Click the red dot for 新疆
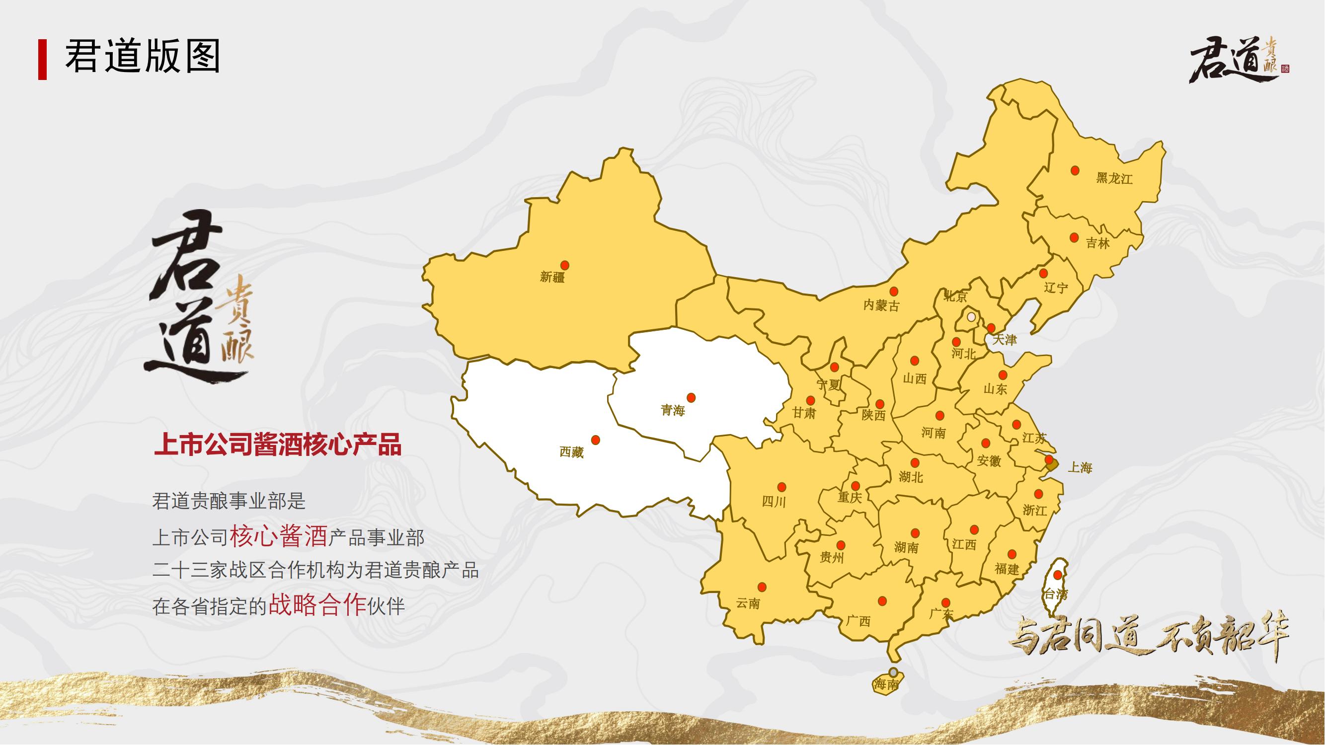(564, 265)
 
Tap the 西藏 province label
(571, 452)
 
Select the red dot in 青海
(691, 397)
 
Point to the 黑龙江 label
(1114, 178)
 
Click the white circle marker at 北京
(971, 317)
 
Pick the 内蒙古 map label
(882, 305)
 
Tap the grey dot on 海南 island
(893, 671)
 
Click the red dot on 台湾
(1058, 575)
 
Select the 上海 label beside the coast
(1080, 468)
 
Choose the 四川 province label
(774, 501)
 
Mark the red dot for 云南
(762, 587)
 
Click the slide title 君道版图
(143, 57)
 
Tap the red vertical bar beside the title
(42, 59)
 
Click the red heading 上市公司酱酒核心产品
(278, 445)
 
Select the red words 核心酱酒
(278, 537)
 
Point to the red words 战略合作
(317, 605)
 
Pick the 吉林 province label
(1097, 243)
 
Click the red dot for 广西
(882, 601)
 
